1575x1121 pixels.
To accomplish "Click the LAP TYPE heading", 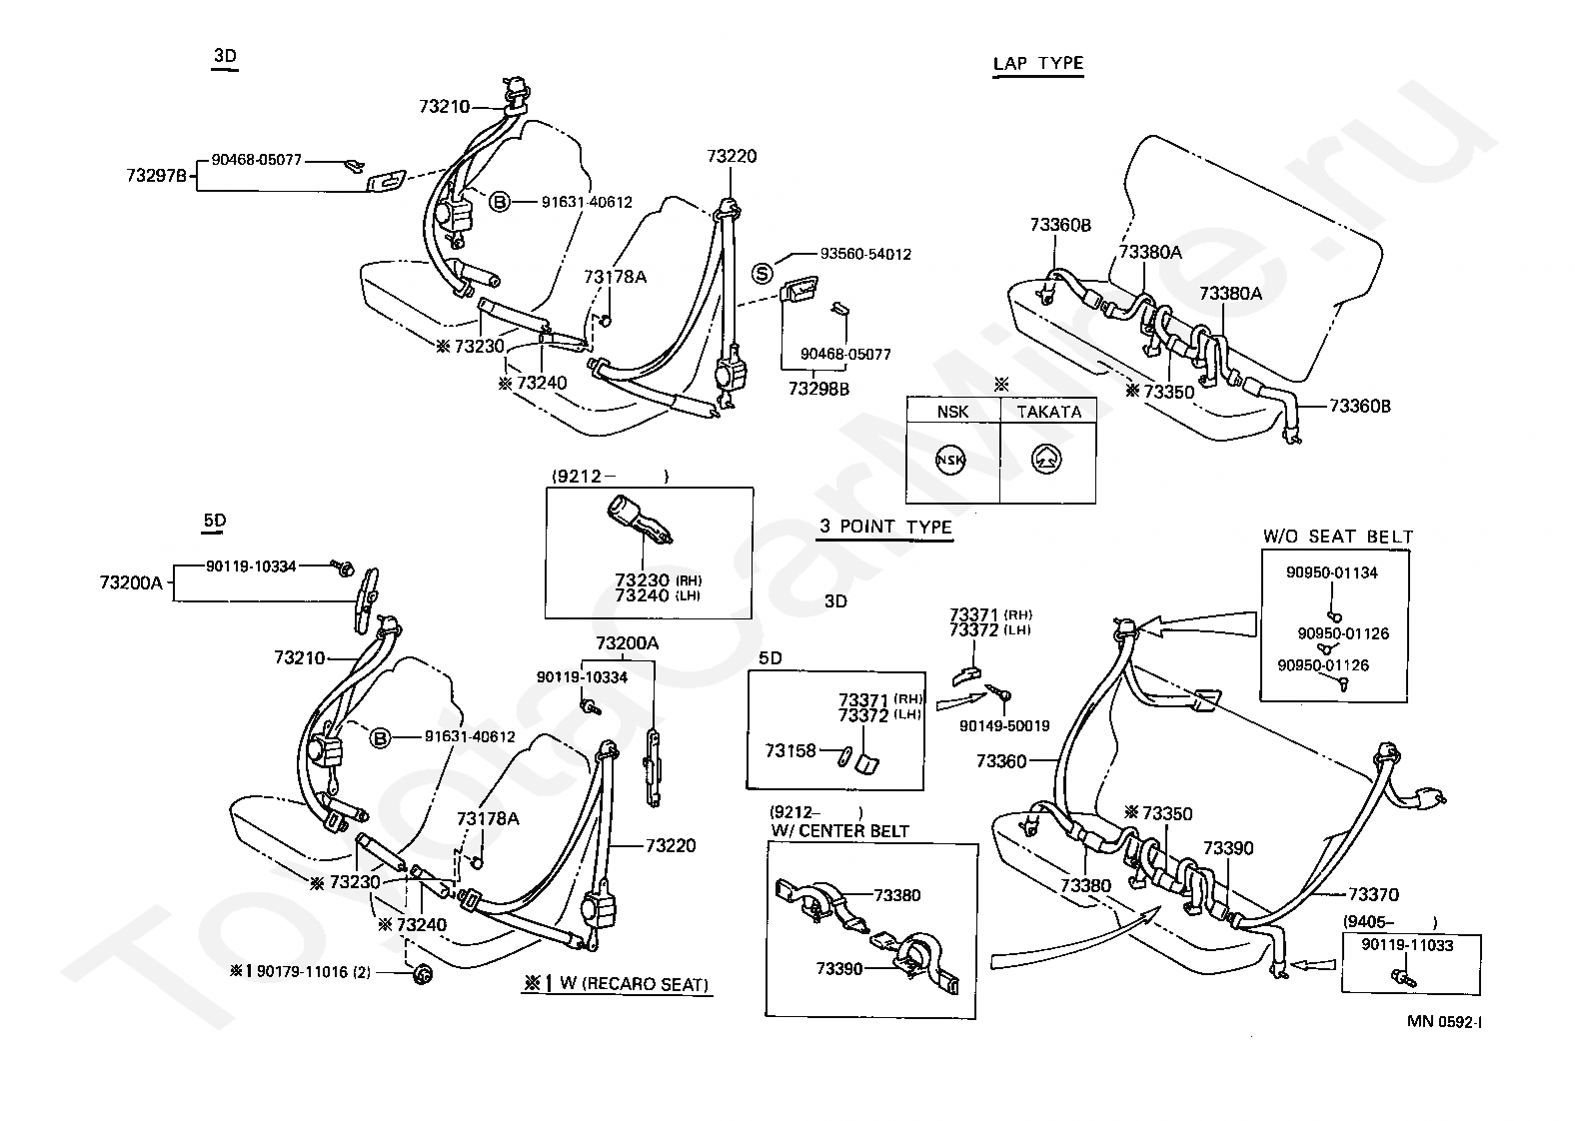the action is pyautogui.click(x=1037, y=63).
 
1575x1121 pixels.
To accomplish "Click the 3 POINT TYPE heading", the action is pyautogui.click(x=885, y=528).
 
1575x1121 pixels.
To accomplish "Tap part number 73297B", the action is pyautogui.click(x=156, y=175).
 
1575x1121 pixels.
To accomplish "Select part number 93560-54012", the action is pyautogui.click(x=865, y=254).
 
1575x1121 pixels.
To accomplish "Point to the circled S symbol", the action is pyautogui.click(x=763, y=274).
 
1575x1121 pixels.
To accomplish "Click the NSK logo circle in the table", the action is pyautogui.click(x=950, y=460).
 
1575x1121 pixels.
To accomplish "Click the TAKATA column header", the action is pyautogui.click(x=1049, y=412).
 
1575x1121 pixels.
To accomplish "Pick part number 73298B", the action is pyautogui.click(x=818, y=389).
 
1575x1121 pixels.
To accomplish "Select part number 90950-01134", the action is pyautogui.click(x=1332, y=572).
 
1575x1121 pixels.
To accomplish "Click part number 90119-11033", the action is pyautogui.click(x=1407, y=945).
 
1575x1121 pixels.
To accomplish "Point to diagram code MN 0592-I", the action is pyautogui.click(x=1444, y=1022).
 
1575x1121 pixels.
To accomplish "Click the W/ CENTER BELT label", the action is pyautogui.click(x=840, y=830).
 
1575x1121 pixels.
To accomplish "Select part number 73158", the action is pyautogui.click(x=790, y=751).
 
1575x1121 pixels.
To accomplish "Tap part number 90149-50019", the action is pyautogui.click(x=1004, y=726).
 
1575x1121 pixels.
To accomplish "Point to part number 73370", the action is pyautogui.click(x=1373, y=894).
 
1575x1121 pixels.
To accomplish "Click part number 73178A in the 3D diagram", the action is pyautogui.click(x=615, y=277).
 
